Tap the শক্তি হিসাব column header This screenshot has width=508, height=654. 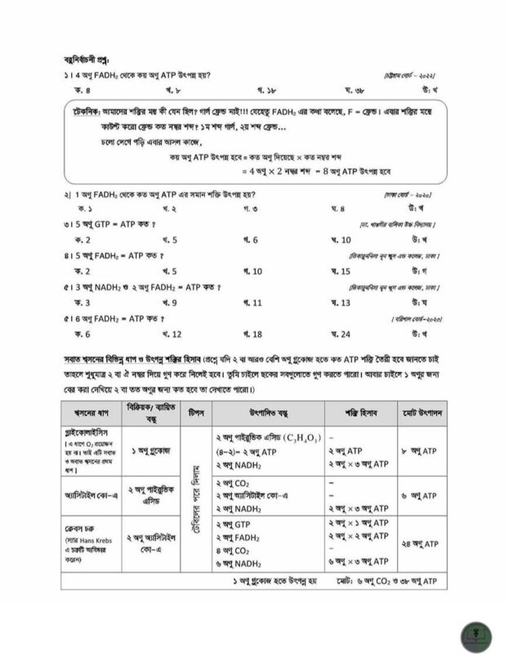(357, 411)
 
